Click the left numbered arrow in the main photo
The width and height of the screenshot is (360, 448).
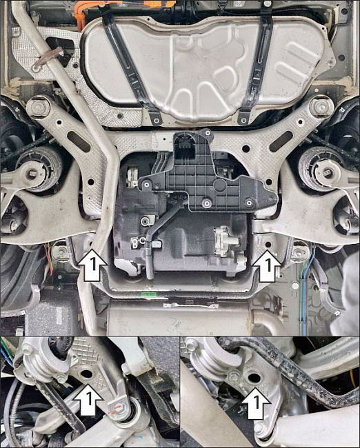pyautogui.click(x=92, y=265)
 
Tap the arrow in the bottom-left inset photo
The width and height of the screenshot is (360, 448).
pyautogui.click(x=88, y=399)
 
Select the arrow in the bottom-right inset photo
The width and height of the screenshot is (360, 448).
pyautogui.click(x=256, y=403)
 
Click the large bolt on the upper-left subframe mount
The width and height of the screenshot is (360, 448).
pyautogui.click(x=37, y=107)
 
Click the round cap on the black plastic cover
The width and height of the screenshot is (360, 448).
pyautogui.click(x=221, y=185)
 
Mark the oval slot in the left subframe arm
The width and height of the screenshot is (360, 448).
pyautogui.click(x=79, y=141)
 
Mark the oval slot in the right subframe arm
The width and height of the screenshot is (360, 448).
pyautogui.click(x=281, y=141)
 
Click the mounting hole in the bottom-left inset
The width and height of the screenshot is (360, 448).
pyautogui.click(x=87, y=374)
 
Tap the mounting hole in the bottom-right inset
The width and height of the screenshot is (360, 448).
pyautogui.click(x=254, y=378)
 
